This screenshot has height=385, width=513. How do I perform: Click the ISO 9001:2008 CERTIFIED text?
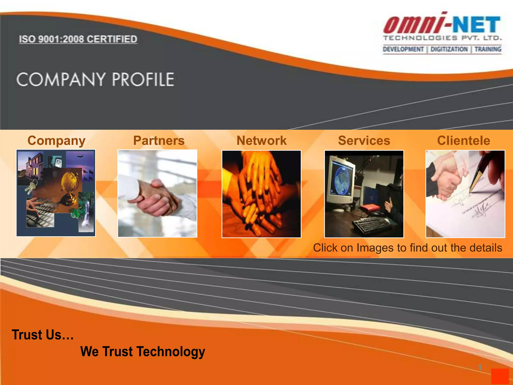(x=78, y=39)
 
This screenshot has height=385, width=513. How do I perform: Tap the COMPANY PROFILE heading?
(x=95, y=80)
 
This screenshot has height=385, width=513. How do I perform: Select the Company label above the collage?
(x=56, y=141)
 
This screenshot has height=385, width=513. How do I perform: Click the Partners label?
(x=159, y=141)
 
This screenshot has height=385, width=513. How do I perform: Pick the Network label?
(x=262, y=141)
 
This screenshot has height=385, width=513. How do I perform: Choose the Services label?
(x=364, y=141)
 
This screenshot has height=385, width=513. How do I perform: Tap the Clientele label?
(x=463, y=141)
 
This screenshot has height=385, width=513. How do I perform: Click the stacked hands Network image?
(x=261, y=194)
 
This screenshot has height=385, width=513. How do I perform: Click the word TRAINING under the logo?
(x=488, y=49)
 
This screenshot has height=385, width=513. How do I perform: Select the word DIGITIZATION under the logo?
(x=449, y=49)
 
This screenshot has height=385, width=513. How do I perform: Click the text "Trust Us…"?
(x=43, y=335)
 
